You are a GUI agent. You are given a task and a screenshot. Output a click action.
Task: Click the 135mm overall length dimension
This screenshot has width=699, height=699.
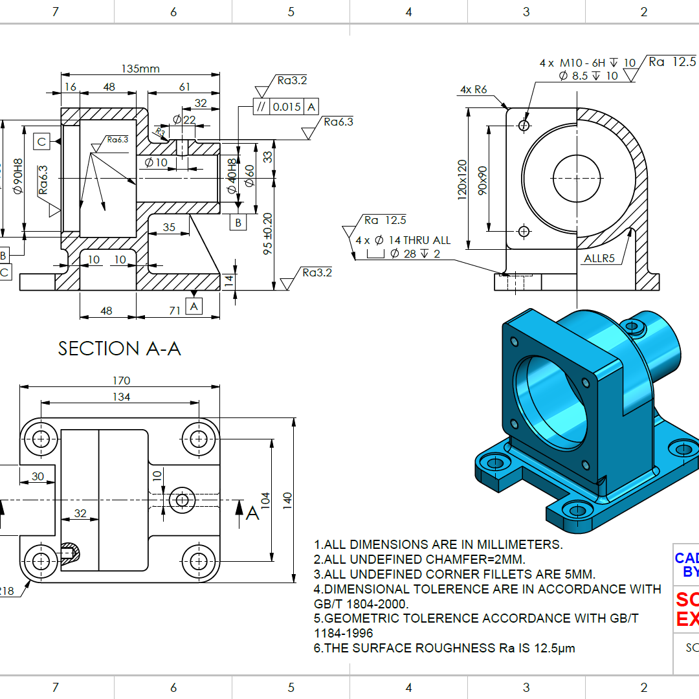(x=140, y=68)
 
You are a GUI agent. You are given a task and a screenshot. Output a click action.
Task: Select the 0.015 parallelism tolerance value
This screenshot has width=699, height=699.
(x=287, y=107)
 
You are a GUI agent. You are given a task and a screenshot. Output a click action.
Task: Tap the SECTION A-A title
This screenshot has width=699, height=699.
(x=120, y=349)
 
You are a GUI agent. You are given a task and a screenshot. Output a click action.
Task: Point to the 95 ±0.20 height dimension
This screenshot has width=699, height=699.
(x=268, y=234)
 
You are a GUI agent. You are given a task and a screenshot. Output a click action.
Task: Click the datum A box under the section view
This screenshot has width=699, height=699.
(x=194, y=305)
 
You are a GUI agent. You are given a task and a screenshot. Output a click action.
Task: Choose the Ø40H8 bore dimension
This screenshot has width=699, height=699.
(x=232, y=179)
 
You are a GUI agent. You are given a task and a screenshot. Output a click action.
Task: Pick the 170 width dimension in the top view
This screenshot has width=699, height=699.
(x=121, y=381)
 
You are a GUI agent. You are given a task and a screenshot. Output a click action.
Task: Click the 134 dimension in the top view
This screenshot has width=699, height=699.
(x=121, y=397)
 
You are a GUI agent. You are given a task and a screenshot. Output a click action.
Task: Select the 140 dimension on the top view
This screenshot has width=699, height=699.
(x=288, y=498)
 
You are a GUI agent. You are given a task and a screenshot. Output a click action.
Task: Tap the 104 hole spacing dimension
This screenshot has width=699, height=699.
(x=265, y=498)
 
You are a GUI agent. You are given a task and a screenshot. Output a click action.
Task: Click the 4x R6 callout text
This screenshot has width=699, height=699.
(x=474, y=89)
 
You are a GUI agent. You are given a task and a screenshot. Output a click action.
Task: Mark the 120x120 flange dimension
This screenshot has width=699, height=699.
(x=462, y=179)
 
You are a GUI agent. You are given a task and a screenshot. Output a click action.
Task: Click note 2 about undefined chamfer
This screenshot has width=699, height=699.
(x=419, y=559)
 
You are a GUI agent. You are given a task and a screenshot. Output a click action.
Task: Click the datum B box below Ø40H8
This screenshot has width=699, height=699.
(x=238, y=223)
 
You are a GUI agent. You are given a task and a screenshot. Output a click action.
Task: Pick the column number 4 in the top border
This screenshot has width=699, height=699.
(x=408, y=12)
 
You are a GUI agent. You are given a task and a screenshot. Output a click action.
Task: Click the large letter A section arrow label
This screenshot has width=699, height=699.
(x=252, y=513)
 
